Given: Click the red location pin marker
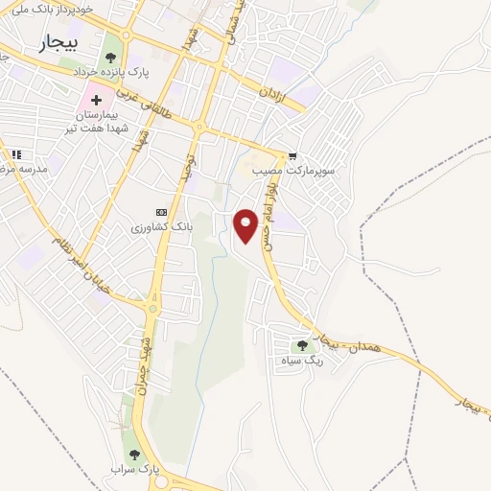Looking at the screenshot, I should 247,226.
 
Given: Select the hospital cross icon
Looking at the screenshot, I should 97,100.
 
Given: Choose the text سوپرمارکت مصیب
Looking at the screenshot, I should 292,170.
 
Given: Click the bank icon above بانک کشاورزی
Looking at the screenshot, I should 160,213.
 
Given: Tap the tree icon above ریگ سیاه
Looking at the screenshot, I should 302,346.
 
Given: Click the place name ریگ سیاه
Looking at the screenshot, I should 301,361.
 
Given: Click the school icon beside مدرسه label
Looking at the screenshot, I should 14,154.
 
